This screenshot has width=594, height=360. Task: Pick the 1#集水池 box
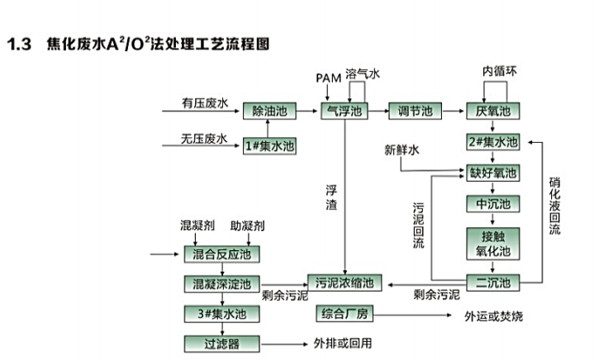pyautogui.click(x=269, y=146)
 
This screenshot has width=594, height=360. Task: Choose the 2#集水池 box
pyautogui.click(x=492, y=142)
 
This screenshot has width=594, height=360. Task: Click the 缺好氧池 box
pyautogui.click(x=492, y=173)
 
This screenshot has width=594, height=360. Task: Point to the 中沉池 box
pyautogui.click(x=492, y=204)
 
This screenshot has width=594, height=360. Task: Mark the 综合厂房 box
pyautogui.click(x=345, y=315)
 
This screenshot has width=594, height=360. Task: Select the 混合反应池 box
pyautogui.click(x=221, y=253)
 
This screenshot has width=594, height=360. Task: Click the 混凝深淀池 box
pyautogui.click(x=221, y=284)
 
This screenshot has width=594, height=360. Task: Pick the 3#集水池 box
pyautogui.click(x=221, y=314)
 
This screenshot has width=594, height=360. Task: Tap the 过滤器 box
pyautogui.click(x=221, y=343)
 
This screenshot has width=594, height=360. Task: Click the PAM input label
pyautogui.click(x=328, y=78)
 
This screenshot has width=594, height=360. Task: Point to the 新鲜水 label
pyautogui.click(x=402, y=150)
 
